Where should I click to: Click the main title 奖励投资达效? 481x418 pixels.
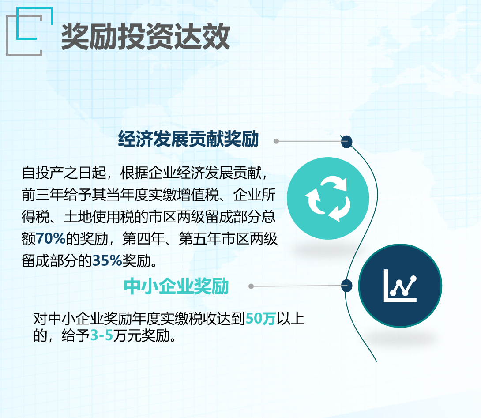(146, 37)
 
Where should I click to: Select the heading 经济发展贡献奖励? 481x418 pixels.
(188, 139)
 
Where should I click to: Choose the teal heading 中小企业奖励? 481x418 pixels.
(177, 286)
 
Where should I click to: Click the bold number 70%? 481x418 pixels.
(51, 238)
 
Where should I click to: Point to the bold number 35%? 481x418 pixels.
(107, 260)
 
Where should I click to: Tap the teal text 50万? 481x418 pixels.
(261, 319)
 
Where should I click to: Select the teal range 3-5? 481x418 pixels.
(101, 335)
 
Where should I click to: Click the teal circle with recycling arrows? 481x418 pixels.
(328, 198)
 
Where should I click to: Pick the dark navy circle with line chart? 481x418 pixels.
(400, 286)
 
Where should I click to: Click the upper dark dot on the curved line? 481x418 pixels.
(347, 142)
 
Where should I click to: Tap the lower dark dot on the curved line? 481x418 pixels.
(347, 286)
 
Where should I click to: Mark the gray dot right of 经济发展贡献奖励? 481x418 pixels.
(276, 141)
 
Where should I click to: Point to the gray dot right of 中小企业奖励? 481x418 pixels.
(251, 286)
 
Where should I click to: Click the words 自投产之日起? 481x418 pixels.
(64, 173)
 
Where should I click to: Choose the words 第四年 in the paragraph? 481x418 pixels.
(143, 239)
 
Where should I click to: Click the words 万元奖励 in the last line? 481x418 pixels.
(141, 335)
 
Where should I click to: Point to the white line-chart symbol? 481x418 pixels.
(400, 286)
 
